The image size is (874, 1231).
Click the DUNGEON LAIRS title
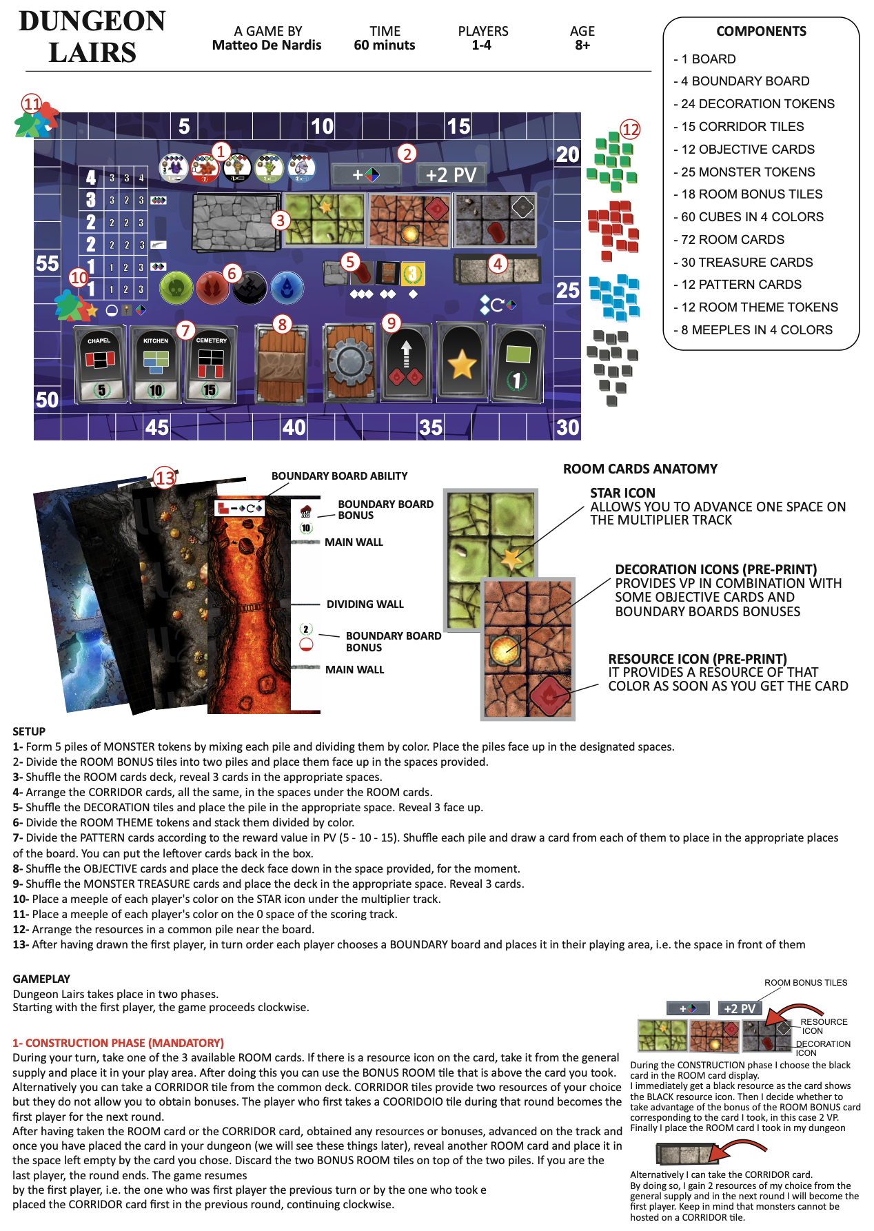(x=92, y=37)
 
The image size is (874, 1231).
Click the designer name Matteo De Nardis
(x=267, y=45)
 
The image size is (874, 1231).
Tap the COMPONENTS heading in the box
(x=761, y=31)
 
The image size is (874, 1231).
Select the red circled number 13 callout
(x=165, y=477)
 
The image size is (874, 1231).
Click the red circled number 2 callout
(x=407, y=154)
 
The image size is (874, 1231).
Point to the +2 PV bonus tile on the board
(x=451, y=174)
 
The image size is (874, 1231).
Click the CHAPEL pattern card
(x=101, y=363)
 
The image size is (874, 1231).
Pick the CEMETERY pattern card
(x=210, y=363)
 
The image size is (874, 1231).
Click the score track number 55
(x=47, y=263)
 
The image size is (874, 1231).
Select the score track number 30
(x=567, y=427)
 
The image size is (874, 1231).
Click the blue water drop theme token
(x=287, y=287)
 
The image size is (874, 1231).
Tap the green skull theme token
(x=176, y=287)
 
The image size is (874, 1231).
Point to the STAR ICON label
(x=622, y=493)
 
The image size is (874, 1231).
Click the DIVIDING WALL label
(x=365, y=604)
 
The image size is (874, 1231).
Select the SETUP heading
(x=29, y=731)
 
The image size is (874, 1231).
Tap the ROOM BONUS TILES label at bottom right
(x=805, y=983)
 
